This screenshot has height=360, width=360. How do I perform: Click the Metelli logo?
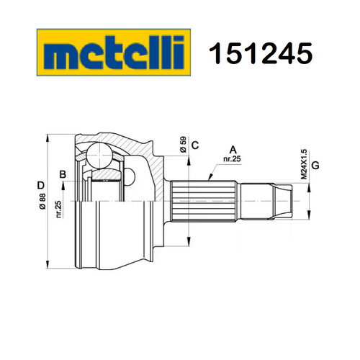coord(114,53)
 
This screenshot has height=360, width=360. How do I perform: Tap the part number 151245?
coord(261,53)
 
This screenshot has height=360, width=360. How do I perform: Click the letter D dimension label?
coord(41,185)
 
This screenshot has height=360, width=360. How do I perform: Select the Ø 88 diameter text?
coord(42,201)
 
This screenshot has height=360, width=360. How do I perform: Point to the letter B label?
coord(63,174)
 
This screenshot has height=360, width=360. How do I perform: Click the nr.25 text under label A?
coord(232,159)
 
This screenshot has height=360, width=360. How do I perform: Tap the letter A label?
coord(233,150)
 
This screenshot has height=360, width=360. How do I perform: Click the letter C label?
coord(195,145)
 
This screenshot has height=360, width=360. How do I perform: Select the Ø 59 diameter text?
coord(183,145)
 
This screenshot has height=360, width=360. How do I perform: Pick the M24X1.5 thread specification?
coord(304,164)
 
